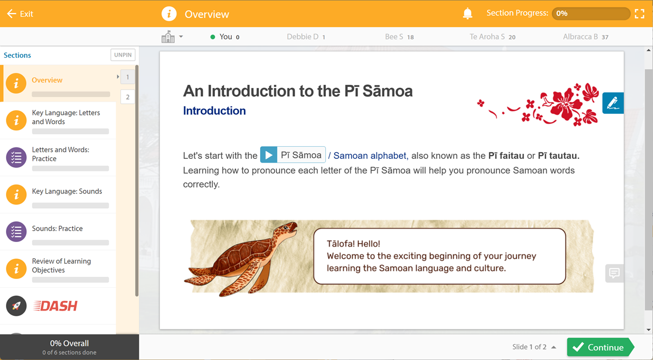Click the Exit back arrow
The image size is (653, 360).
pyautogui.click(x=11, y=14)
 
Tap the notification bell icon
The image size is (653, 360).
pyautogui.click(x=467, y=14)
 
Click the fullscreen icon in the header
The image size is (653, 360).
pyautogui.click(x=639, y=14)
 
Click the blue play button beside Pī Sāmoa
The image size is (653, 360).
pyautogui.click(x=268, y=154)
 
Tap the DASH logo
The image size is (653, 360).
pyautogui.click(x=56, y=306)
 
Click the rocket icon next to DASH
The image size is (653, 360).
pyautogui.click(x=16, y=306)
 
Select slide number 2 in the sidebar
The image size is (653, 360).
pyautogui.click(x=128, y=97)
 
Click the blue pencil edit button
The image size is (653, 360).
pyautogui.click(x=613, y=103)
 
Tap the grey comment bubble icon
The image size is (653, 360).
pyautogui.click(x=614, y=273)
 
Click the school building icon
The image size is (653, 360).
pyautogui.click(x=168, y=36)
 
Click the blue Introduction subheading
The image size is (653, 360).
pyautogui.click(x=214, y=111)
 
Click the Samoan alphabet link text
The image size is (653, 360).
pyautogui.click(x=369, y=156)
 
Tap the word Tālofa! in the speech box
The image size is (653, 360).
pyautogui.click(x=341, y=244)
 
